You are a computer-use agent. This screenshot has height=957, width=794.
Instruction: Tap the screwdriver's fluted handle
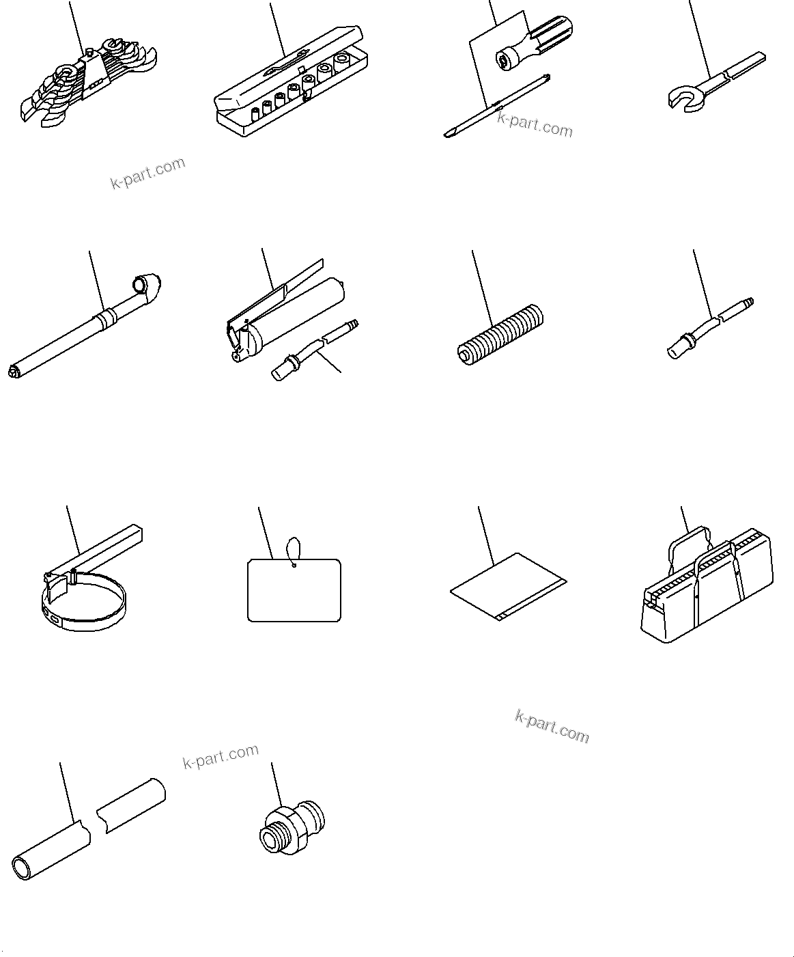click(x=546, y=38)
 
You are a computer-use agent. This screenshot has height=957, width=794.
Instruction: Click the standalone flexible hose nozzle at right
click(x=710, y=327)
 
